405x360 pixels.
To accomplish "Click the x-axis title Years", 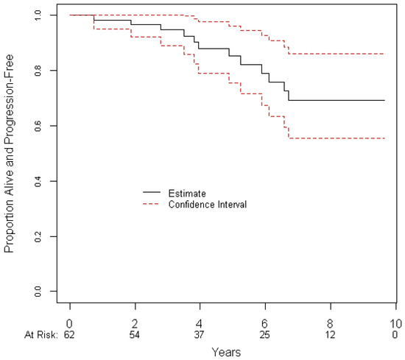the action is [226, 352].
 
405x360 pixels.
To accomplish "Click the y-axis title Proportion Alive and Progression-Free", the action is [9, 153].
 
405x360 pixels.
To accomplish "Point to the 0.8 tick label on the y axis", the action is [38, 70].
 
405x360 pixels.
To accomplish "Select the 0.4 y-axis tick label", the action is [38, 181].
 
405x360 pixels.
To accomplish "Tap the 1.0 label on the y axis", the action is [38, 15].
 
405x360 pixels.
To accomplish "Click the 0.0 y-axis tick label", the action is [38, 292].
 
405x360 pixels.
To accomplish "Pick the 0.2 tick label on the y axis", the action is [38, 236].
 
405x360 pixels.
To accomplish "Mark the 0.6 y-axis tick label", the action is [38, 126].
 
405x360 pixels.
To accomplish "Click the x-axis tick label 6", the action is [264, 324].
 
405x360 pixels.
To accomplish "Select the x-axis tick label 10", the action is [395, 324].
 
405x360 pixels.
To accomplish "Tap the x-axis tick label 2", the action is [135, 324].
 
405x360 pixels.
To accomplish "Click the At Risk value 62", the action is [69, 335].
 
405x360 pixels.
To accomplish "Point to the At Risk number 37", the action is [199, 335].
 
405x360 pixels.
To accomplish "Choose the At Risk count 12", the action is [330, 335].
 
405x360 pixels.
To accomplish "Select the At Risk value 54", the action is [135, 335].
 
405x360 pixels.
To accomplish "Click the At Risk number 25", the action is [264, 335].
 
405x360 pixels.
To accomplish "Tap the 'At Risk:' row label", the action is [40, 335].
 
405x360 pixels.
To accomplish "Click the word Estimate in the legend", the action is [187, 193].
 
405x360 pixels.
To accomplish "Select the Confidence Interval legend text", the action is [208, 204].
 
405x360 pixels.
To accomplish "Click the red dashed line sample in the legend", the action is [152, 204].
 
